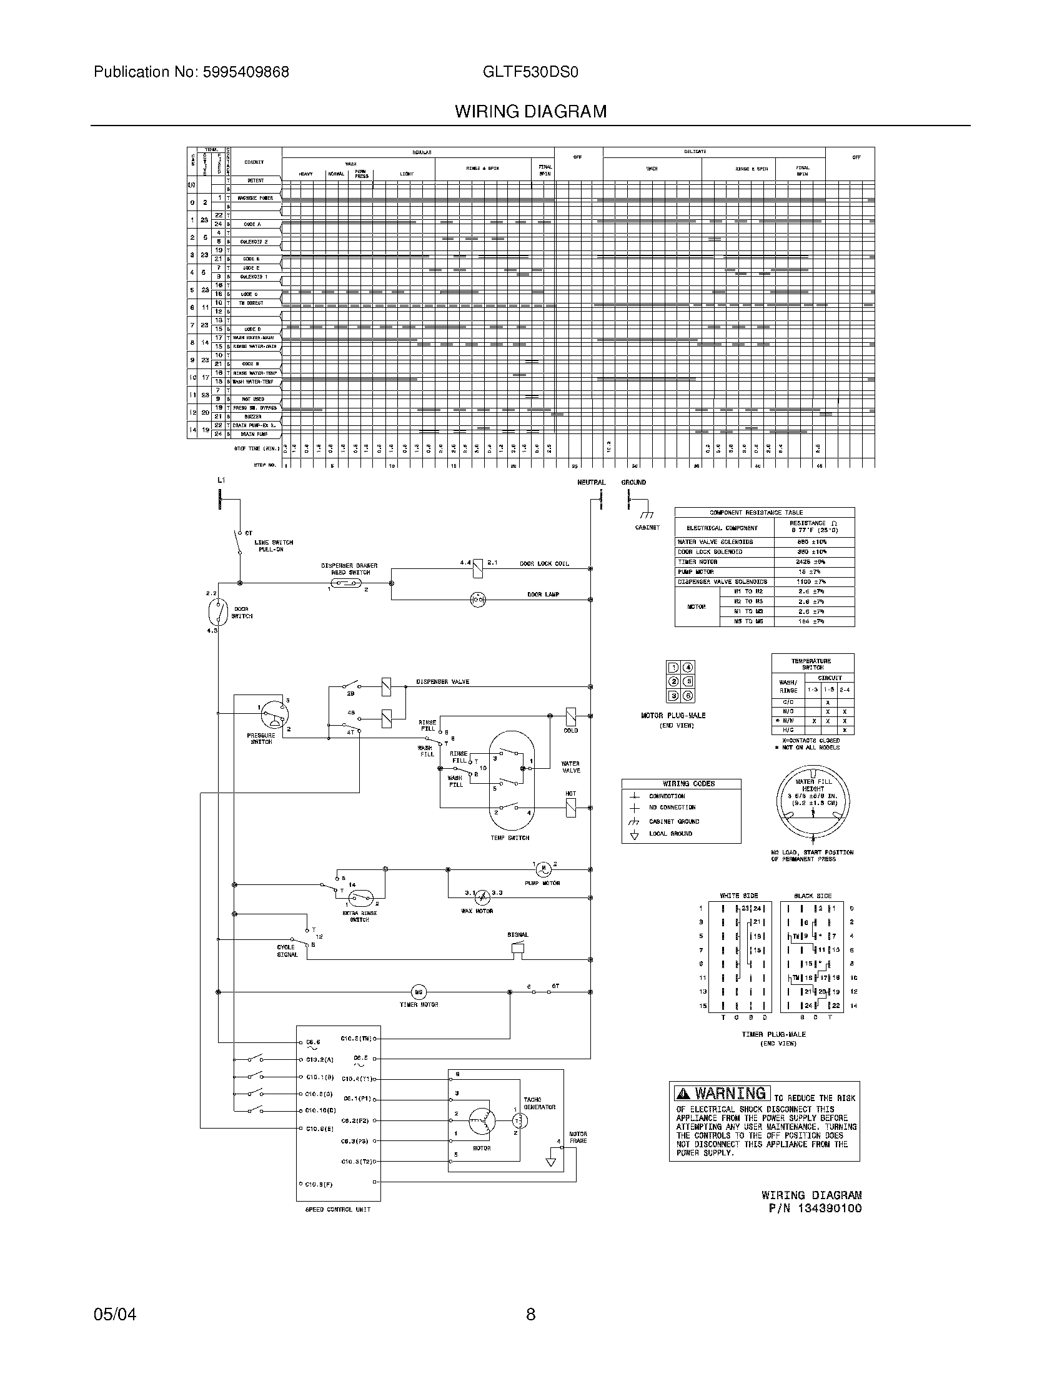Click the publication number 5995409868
pos(246,72)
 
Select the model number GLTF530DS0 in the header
pos(530,72)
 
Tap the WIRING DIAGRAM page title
pos(530,112)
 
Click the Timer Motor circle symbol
pos(419,992)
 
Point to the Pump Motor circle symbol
pos(543,869)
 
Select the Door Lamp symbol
pos(478,600)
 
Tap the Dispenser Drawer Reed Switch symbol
pos(347,584)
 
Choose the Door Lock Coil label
pos(544,564)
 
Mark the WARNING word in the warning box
pos(730,1094)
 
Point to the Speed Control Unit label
pos(338,1210)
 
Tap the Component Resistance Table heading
pos(765,513)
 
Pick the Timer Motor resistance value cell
pos(814,562)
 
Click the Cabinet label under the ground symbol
pos(647,527)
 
